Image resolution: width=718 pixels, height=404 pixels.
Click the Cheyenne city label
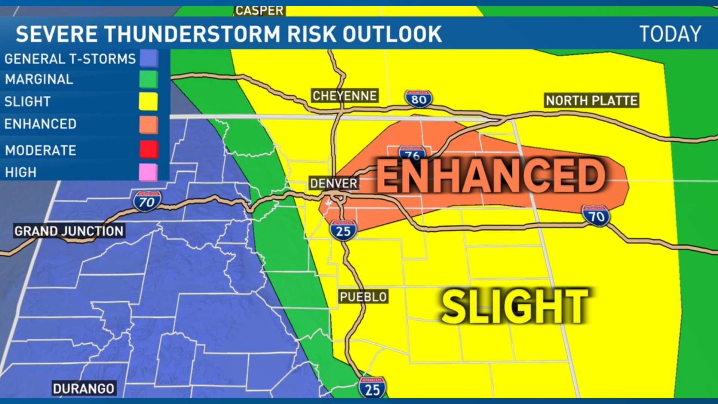pos(344,96)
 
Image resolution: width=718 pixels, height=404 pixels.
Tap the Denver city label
pos(334,183)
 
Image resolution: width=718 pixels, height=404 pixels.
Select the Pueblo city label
pos(363,297)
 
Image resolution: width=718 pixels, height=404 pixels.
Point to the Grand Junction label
pos(69,231)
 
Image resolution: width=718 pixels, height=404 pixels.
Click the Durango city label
pos(83,389)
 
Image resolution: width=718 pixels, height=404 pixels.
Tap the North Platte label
pos(591,100)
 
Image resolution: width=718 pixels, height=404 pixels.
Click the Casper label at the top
pos(260,10)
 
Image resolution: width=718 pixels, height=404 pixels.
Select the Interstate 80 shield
pos(418,99)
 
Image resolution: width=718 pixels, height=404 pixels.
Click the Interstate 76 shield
pos(412,153)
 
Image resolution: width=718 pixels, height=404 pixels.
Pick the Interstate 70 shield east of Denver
pos(596,216)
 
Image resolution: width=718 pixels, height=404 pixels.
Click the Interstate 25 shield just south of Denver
pos(343,230)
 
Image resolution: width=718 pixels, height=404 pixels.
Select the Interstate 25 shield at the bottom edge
pos(372,388)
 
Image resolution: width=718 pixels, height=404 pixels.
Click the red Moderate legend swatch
pos(148,149)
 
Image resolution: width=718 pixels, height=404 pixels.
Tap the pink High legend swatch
pos(148,172)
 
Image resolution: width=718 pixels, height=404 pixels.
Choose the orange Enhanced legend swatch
pos(148,124)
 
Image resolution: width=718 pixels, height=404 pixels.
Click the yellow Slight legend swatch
pos(148,101)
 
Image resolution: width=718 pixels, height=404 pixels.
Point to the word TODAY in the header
pos(670,34)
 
